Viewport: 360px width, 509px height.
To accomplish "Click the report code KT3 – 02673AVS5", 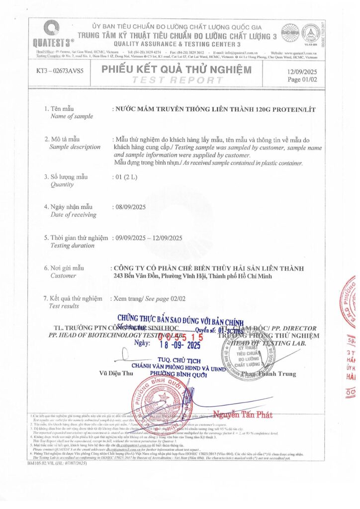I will click(x=60, y=71).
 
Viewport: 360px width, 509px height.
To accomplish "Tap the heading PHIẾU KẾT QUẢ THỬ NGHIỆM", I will click(x=177, y=70).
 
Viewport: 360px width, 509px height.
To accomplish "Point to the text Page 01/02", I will click(x=301, y=79).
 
